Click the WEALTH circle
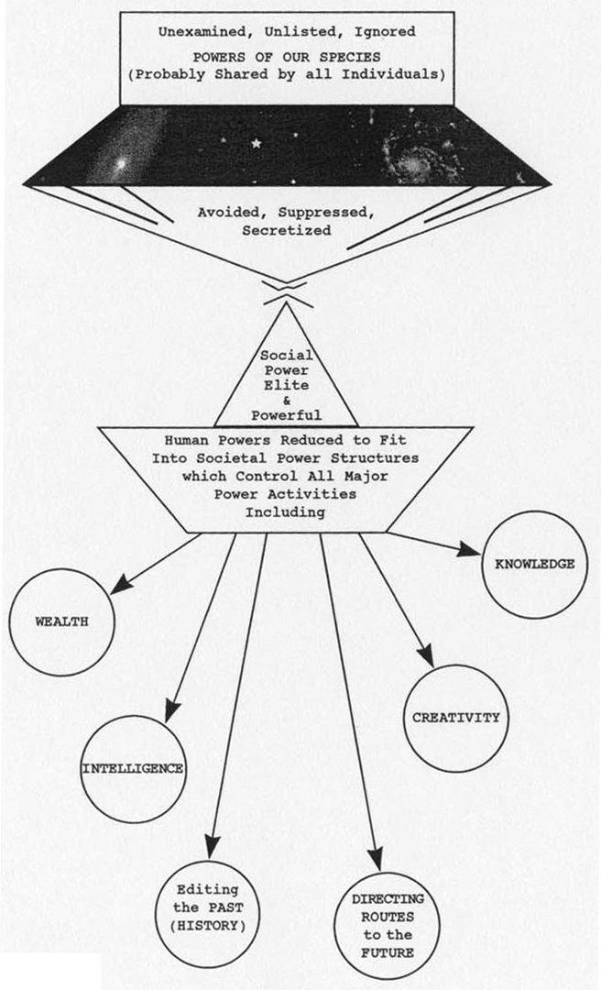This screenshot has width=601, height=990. [62, 621]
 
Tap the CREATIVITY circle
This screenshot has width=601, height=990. [455, 717]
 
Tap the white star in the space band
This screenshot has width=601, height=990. [256, 143]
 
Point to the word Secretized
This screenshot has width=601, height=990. [286, 231]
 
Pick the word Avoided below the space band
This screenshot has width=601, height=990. [234, 213]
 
